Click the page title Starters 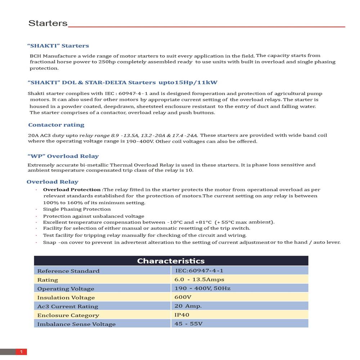(48, 23)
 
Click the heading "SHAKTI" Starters (58, 46)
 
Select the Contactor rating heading (56, 125)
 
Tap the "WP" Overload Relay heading (63, 156)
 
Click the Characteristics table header (171, 261)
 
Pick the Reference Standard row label (68, 271)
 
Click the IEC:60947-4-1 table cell (199, 271)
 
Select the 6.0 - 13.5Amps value (199, 280)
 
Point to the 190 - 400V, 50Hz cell (202, 288)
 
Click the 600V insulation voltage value (183, 297)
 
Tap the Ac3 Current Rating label (68, 306)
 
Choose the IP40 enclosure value (182, 315)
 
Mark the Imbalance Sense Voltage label (76, 324)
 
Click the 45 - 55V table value (188, 324)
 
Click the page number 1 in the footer (21, 352)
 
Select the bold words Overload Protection (72, 190)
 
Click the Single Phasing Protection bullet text (77, 209)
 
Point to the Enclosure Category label (68, 315)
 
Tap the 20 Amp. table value (188, 306)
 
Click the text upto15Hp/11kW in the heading (188, 82)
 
